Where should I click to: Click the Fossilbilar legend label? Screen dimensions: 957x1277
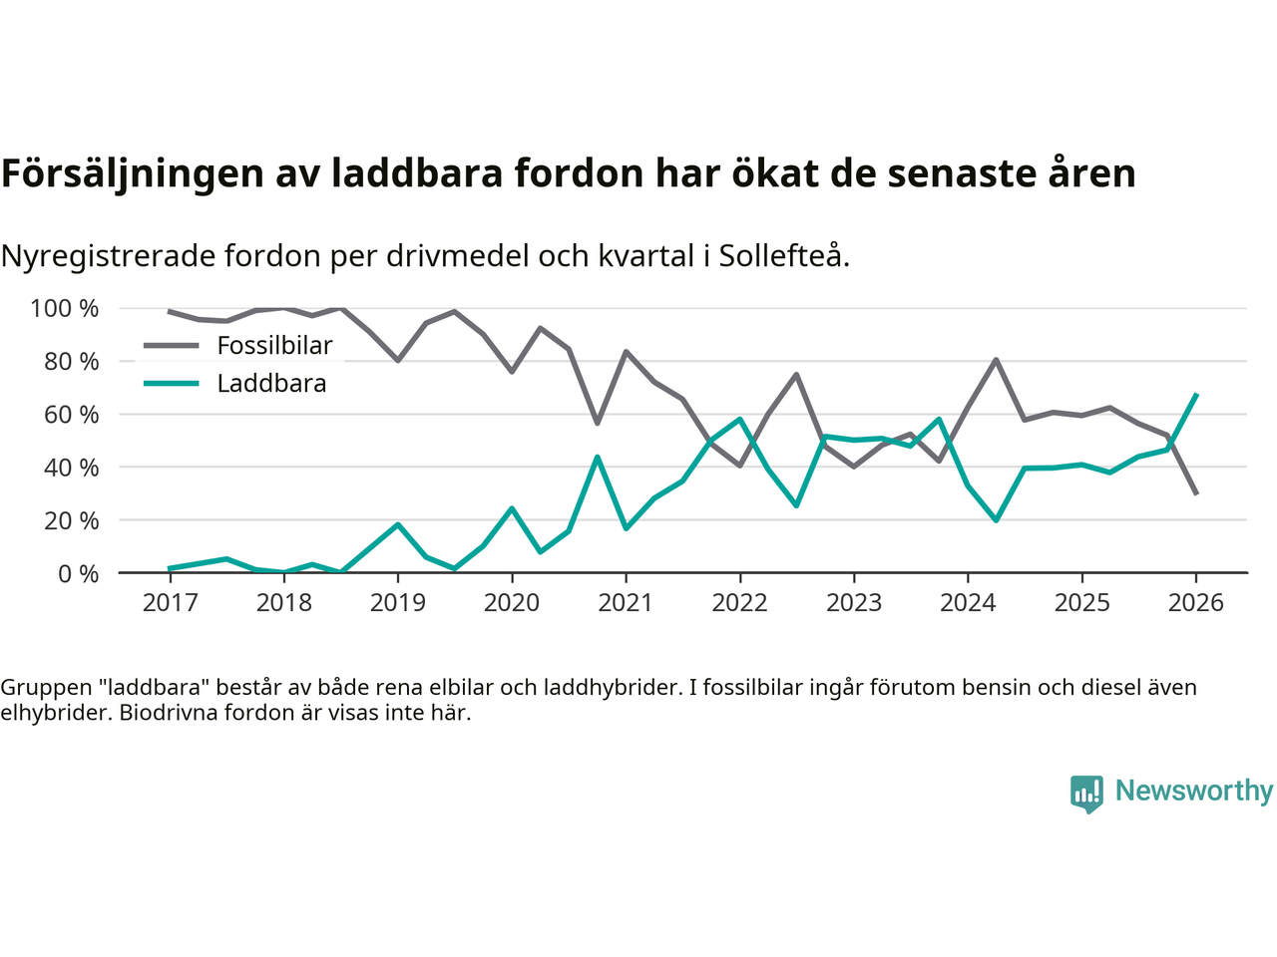[x=274, y=346]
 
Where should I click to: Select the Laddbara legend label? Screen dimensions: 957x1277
[x=271, y=384]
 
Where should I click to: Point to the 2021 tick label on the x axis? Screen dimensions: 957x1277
[x=626, y=603]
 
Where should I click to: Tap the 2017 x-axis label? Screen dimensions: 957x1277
[x=170, y=603]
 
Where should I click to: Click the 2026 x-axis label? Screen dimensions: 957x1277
[x=1195, y=603]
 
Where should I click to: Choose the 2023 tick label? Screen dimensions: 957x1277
[x=853, y=603]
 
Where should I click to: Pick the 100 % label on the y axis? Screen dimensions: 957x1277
[x=65, y=309]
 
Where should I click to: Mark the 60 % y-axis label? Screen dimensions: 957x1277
[x=71, y=415]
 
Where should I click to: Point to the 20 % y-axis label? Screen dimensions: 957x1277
[x=71, y=520]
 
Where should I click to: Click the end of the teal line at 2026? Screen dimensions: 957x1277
[x=1196, y=395]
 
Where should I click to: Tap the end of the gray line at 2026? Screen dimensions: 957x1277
[x=1196, y=493]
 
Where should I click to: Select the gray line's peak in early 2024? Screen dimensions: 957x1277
[x=996, y=360]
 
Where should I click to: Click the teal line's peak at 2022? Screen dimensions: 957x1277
[x=739, y=419]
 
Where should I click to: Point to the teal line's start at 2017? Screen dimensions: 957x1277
[x=170, y=568]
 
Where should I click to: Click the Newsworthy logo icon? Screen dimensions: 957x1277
[x=1086, y=794]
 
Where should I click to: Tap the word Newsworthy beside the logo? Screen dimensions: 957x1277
[x=1193, y=791]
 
